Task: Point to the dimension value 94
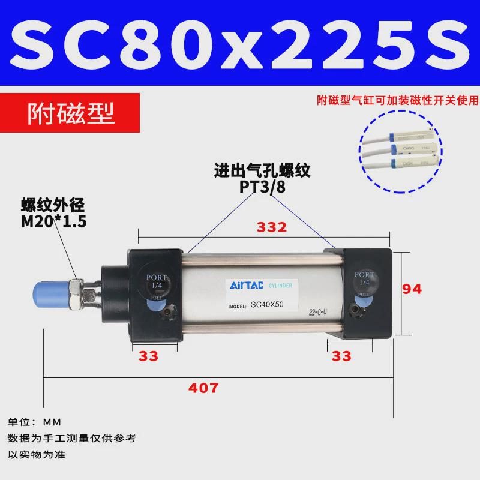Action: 412,289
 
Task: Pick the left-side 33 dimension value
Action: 148,356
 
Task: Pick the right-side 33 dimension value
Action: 341,356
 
